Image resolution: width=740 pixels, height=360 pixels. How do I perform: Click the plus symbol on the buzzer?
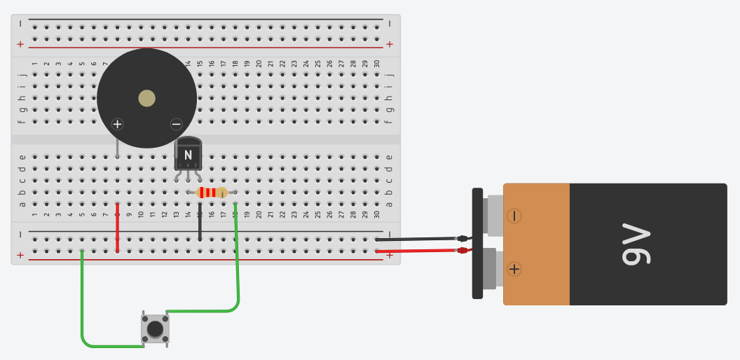pyautogui.click(x=117, y=125)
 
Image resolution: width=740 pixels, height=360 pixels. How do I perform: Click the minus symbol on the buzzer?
pyautogui.click(x=176, y=125)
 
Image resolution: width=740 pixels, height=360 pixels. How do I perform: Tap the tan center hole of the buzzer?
pyautogui.click(x=146, y=98)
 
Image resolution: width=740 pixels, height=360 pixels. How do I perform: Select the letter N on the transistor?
pyautogui.click(x=188, y=154)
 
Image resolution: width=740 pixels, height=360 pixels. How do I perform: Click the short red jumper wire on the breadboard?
pyautogui.click(x=117, y=228)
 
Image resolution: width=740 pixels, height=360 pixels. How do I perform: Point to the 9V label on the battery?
pyautogui.click(x=636, y=244)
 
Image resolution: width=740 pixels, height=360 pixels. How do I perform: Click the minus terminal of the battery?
pyautogui.click(x=514, y=216)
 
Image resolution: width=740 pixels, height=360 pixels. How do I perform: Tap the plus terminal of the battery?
pyautogui.click(x=514, y=268)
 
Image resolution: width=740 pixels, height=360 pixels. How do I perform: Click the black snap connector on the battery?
pyautogui.click(x=477, y=243)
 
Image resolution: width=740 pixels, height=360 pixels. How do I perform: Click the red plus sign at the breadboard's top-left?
pyautogui.click(x=20, y=44)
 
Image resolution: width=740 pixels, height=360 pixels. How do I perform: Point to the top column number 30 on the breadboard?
pyautogui.click(x=377, y=64)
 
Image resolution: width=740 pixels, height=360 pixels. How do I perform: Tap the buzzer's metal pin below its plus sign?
pyautogui.click(x=117, y=148)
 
